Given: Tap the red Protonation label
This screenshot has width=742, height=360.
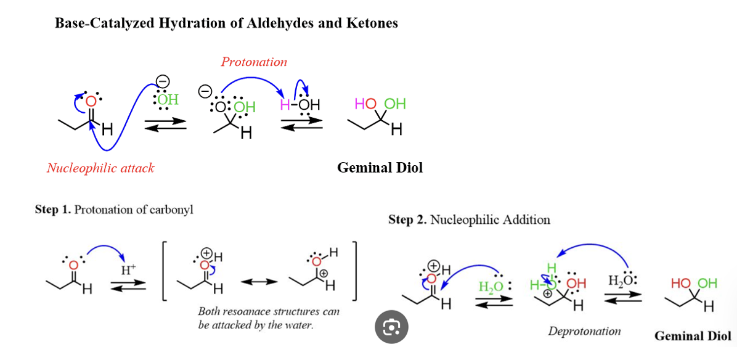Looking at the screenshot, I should [x=254, y=62].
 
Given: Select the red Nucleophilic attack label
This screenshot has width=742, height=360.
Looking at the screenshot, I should [x=100, y=168].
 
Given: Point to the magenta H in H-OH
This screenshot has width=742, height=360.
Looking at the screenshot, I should [x=284, y=104].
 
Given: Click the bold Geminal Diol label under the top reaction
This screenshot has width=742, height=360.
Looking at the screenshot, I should [x=380, y=168].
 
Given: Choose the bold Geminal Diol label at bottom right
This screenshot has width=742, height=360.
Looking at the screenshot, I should [x=693, y=336].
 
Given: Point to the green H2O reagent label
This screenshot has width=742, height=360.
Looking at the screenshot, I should [x=492, y=287].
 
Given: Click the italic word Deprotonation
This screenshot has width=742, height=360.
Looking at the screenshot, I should [x=584, y=332].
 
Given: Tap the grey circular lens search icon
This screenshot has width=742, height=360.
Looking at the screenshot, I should [x=392, y=327].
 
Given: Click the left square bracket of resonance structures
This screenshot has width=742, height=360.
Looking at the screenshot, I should [x=163, y=271].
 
